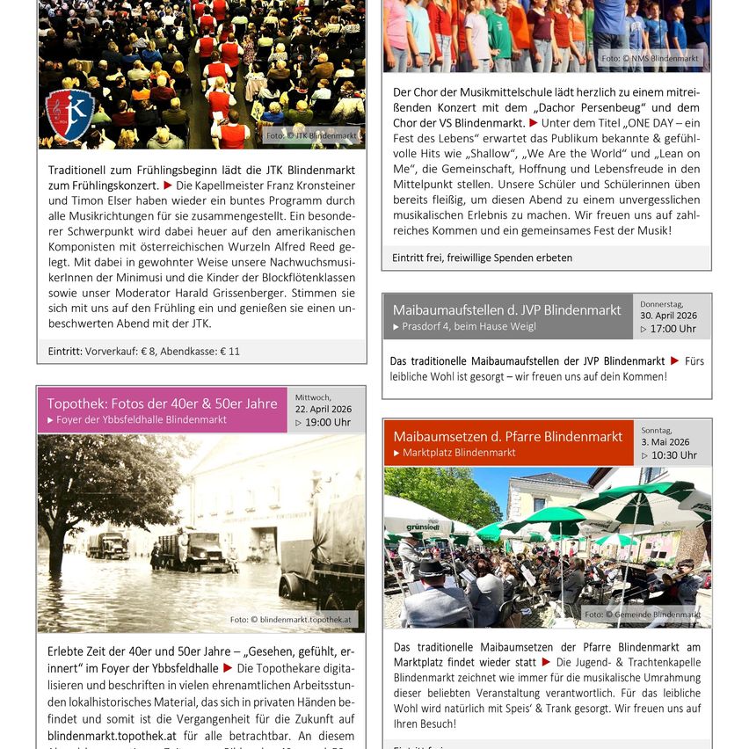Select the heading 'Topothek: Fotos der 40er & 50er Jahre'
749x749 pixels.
point(162,404)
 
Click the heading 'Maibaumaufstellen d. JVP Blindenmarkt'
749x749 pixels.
point(507,310)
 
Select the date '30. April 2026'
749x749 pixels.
point(668,316)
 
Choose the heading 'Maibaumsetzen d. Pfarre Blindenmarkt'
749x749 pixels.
point(508,436)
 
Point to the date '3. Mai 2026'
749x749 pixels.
point(665,442)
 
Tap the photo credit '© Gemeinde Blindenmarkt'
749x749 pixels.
point(643,614)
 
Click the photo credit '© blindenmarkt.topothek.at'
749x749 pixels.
point(292,619)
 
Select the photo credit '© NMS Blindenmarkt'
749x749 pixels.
point(651,59)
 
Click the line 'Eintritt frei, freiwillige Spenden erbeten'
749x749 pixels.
point(483,258)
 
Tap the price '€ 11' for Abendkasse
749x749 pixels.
point(230,351)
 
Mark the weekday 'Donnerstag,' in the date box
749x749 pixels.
point(662,304)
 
